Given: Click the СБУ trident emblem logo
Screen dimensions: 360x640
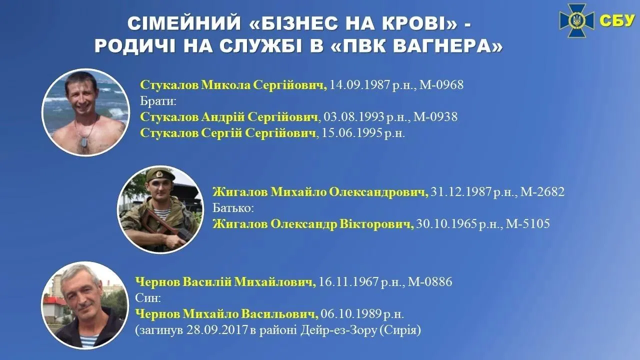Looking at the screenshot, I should point(576,20).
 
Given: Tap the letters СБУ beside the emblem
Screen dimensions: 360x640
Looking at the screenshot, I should point(616,20).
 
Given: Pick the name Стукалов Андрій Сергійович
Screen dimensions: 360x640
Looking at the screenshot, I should point(229,117).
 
